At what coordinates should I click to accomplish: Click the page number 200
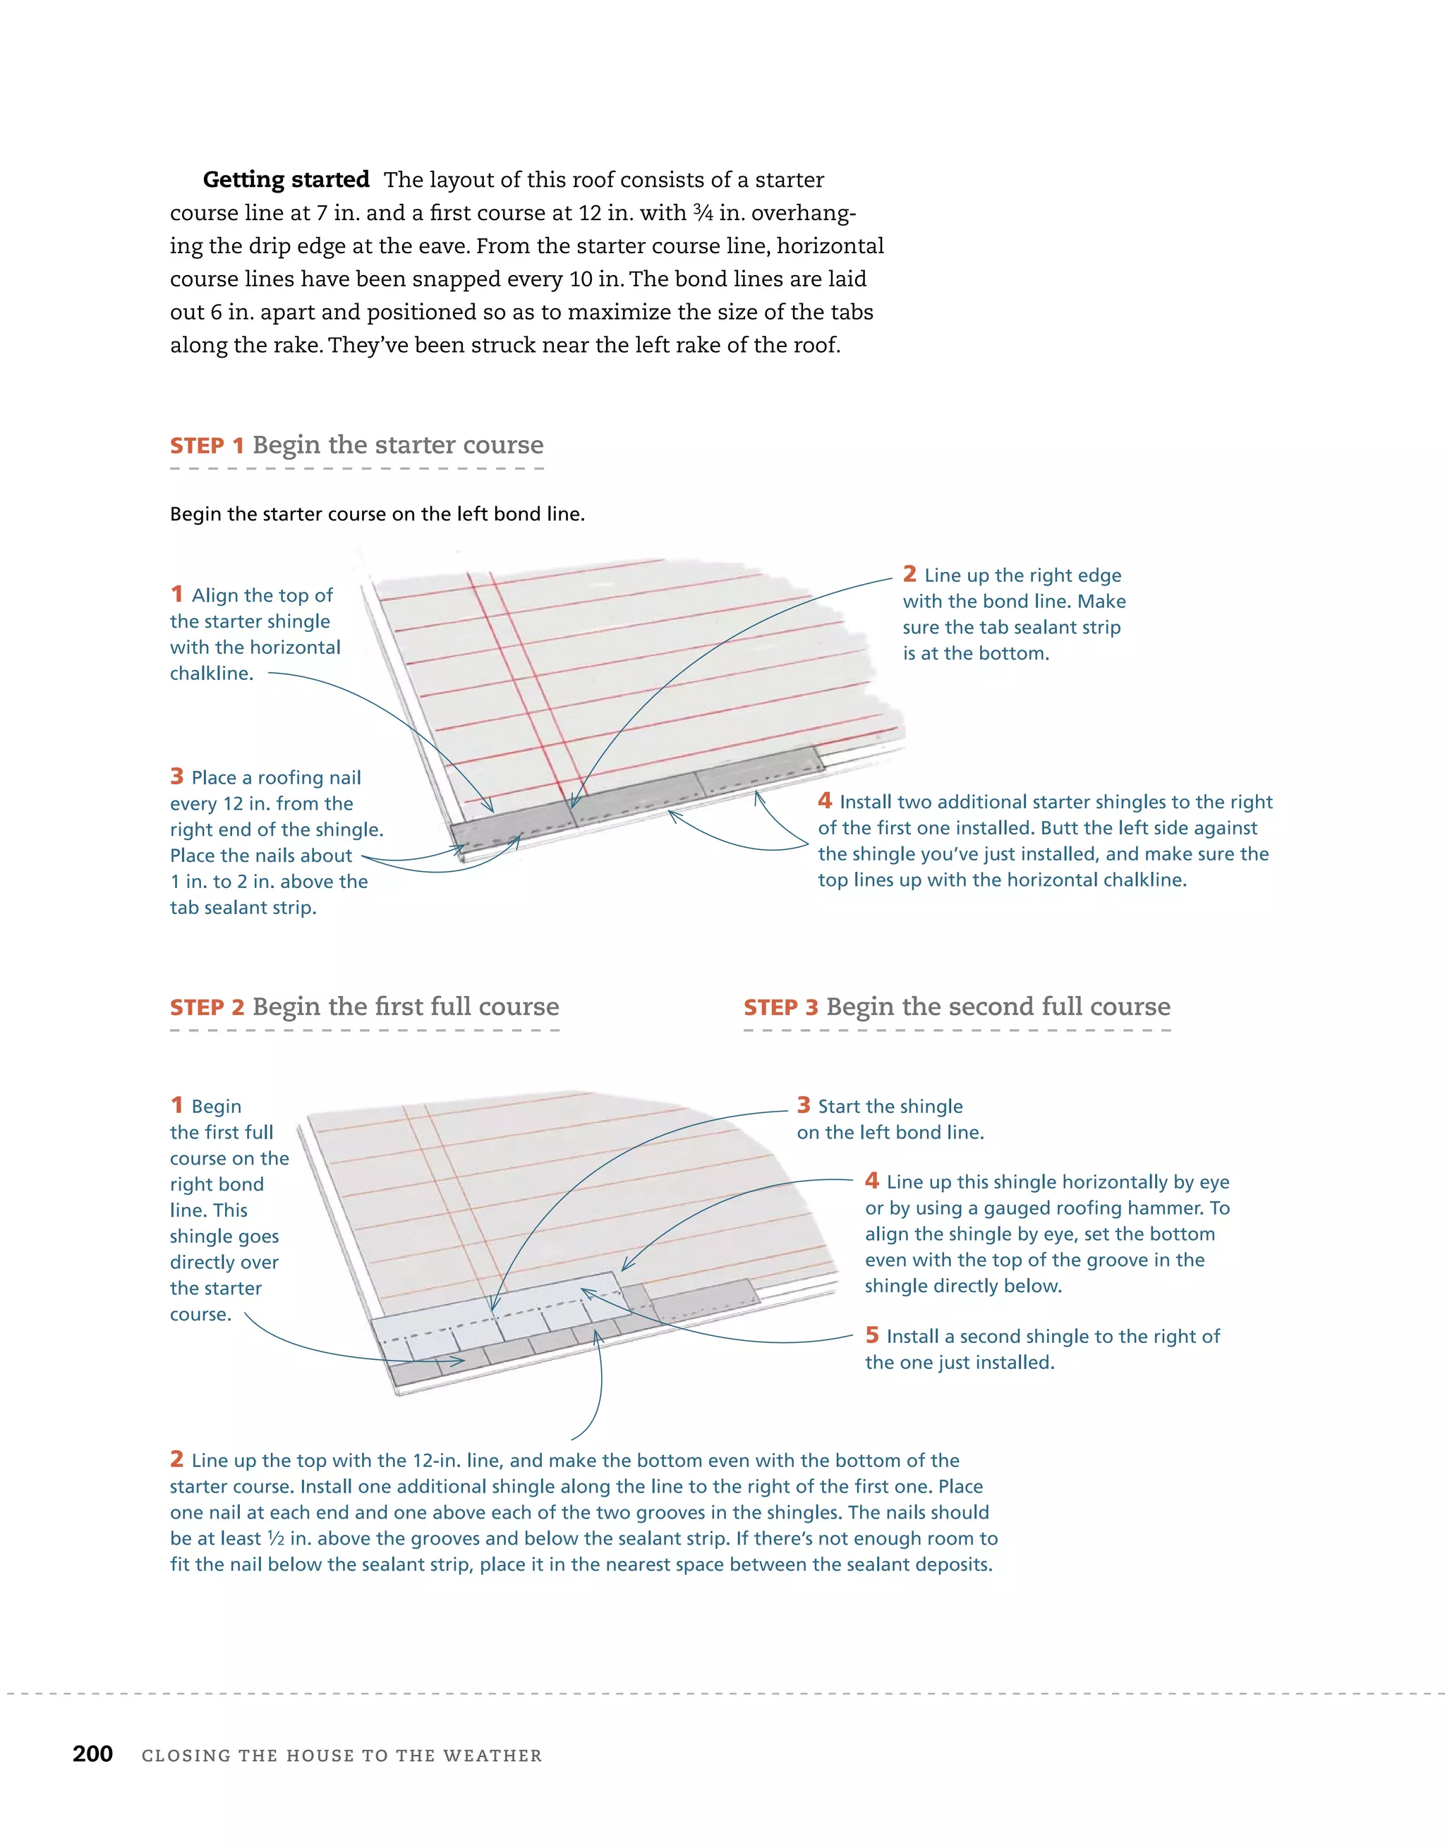[92, 1753]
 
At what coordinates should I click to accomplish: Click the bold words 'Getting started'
[285, 179]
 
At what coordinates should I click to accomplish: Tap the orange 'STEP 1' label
[207, 446]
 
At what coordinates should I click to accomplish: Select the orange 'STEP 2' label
[207, 1008]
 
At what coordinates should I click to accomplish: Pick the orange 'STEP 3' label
[780, 1008]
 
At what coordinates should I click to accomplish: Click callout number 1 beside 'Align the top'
[177, 594]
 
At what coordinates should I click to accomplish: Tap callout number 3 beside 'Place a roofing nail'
[177, 776]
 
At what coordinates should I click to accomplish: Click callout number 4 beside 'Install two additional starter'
[825, 801]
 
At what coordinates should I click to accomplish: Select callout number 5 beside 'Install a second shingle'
[872, 1335]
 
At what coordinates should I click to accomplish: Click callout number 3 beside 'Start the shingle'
[804, 1105]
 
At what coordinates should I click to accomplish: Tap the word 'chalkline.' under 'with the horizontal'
[212, 674]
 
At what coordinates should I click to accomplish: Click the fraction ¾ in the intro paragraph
[702, 212]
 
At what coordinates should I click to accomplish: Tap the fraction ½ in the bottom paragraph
[275, 1538]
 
